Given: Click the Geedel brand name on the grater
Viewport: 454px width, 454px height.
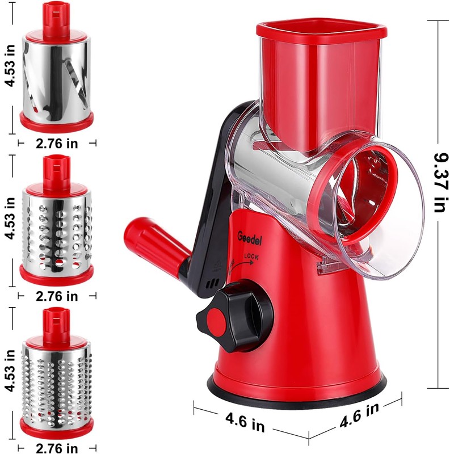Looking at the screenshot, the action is pos(249,238).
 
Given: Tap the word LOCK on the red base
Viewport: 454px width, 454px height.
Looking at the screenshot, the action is pos(251,257).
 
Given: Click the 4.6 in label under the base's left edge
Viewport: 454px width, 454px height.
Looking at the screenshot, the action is pos(245,422).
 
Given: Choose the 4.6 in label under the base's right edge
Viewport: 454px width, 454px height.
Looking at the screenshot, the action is pos(359,415).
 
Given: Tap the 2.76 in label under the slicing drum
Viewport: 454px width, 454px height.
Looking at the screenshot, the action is pos(57,144).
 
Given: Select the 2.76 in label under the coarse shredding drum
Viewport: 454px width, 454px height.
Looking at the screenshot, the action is pos(57,296).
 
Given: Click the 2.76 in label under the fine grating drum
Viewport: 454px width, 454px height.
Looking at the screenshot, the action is pos(57,448).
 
